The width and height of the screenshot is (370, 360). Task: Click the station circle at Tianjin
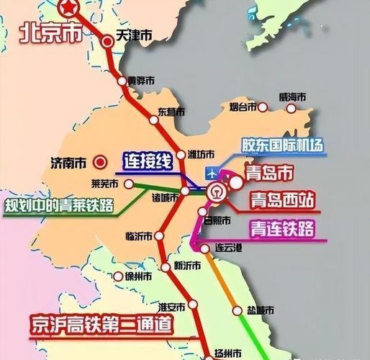(x=107, y=40)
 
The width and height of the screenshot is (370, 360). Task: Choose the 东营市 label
(x=171, y=112)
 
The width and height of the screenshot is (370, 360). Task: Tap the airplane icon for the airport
(x=212, y=173)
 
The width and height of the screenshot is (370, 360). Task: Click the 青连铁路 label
(x=282, y=229)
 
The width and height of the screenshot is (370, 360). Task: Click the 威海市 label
(x=293, y=97)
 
